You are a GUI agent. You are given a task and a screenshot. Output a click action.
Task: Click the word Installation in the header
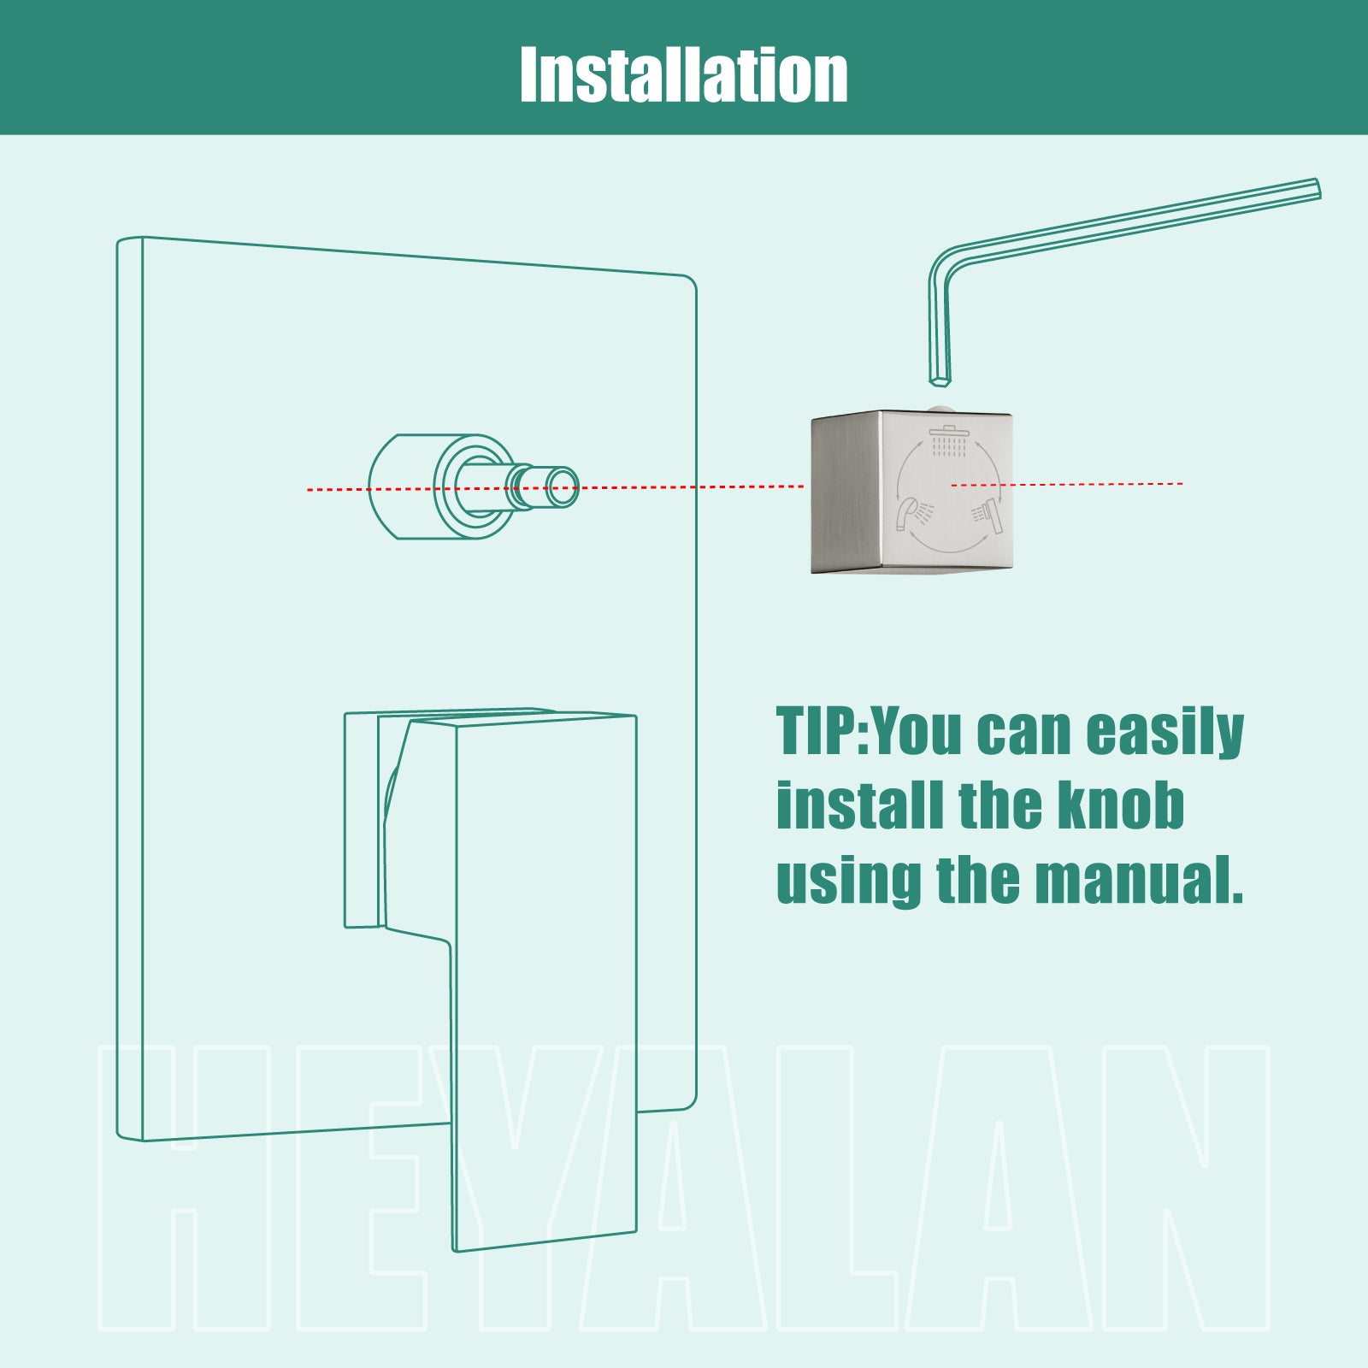(x=684, y=74)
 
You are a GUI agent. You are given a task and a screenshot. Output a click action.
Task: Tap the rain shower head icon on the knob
(x=949, y=439)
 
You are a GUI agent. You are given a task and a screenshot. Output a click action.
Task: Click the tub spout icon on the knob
(x=914, y=513)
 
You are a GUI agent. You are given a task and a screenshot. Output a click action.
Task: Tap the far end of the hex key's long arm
(x=1317, y=188)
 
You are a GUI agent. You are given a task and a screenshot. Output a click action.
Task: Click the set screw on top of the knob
(x=939, y=408)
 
